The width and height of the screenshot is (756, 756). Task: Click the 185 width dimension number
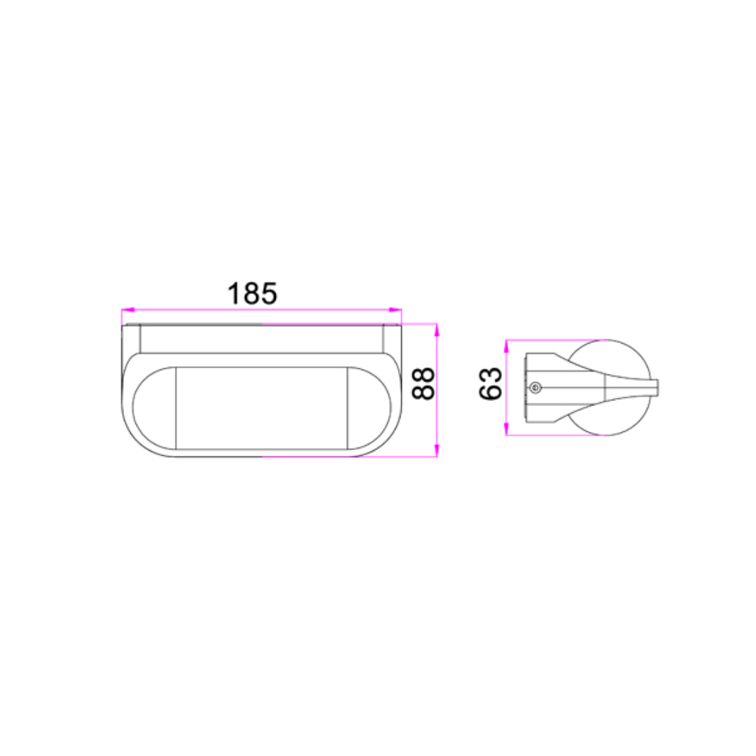252,293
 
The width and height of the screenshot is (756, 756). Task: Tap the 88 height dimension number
423,384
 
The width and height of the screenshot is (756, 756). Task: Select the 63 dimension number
490,384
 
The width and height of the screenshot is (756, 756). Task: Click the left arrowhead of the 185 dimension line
128,310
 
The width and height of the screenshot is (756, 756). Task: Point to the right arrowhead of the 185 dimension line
395,310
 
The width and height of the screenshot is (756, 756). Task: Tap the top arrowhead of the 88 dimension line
437,330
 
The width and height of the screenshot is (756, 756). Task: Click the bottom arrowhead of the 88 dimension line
437,450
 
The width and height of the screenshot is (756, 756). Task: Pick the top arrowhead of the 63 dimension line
506,346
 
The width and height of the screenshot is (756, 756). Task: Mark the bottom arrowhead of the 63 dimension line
506,428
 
